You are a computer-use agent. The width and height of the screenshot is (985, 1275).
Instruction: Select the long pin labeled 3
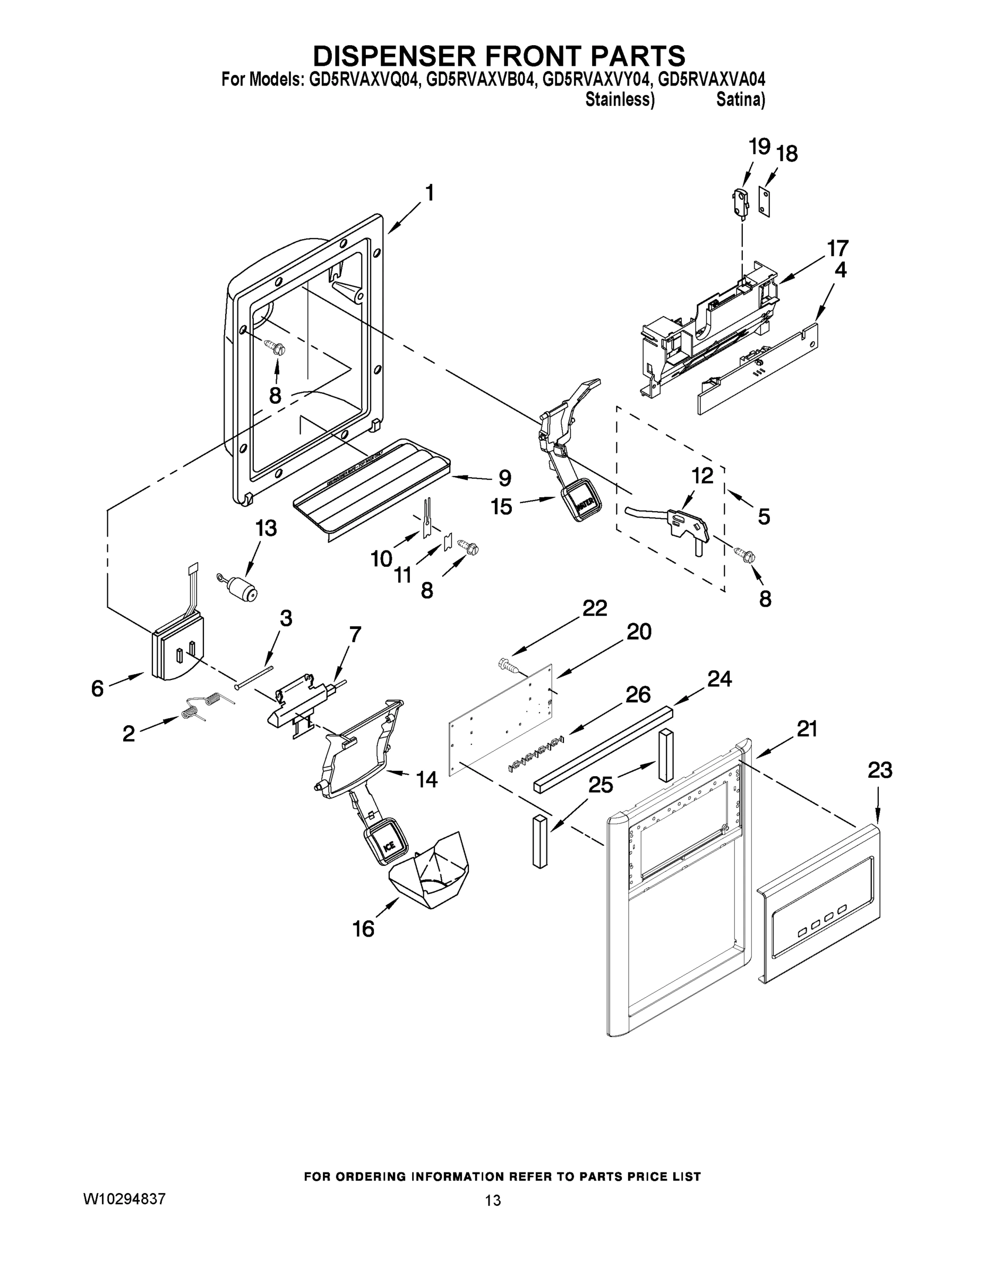pos(255,678)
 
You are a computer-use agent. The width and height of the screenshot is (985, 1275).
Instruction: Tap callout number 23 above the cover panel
pos(879,771)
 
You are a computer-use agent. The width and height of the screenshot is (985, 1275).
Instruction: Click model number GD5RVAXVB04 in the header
pos(480,79)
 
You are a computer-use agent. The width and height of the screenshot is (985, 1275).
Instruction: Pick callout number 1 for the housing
pos(429,193)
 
